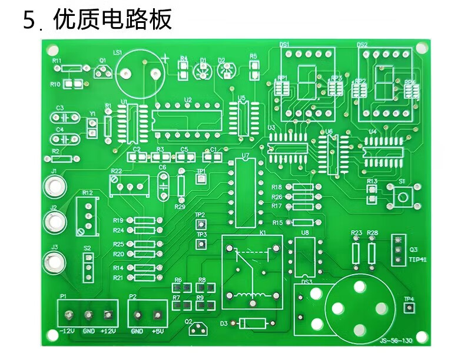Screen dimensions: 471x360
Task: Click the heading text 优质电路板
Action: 112,20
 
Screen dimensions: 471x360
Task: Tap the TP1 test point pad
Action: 201,179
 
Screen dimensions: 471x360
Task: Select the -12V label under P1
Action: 67,331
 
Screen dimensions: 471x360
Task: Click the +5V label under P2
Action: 158,331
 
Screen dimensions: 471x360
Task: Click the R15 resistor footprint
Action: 303,223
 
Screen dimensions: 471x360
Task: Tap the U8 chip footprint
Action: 304,257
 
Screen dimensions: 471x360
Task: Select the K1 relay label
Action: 263,233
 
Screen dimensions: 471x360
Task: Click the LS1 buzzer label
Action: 117,53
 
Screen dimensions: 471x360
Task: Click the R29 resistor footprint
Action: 181,186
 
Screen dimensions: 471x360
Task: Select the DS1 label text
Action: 284,45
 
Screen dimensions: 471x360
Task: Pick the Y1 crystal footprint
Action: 92,128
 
